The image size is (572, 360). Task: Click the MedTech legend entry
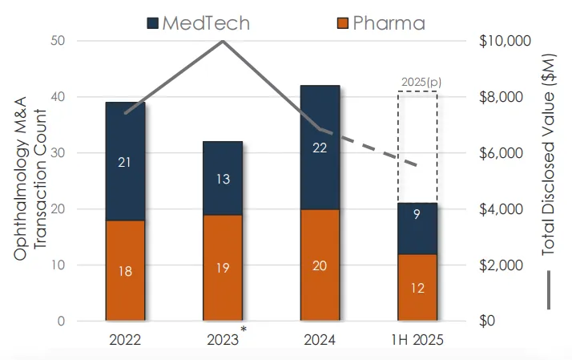coord(196,22)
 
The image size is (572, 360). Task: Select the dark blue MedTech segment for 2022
coord(126,161)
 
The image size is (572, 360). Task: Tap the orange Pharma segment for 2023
coord(223,268)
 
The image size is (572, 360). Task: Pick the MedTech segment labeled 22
coord(320,147)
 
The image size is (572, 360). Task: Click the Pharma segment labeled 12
coord(417,288)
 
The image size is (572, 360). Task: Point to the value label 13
coord(223,179)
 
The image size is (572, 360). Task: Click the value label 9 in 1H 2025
coord(417,215)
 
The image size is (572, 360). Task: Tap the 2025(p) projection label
coord(417,83)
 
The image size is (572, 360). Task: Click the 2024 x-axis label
coord(320,339)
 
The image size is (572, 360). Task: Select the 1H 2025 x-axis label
coord(417,339)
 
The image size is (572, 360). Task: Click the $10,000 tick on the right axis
coord(498,41)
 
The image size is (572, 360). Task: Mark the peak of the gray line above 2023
coord(223,41)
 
